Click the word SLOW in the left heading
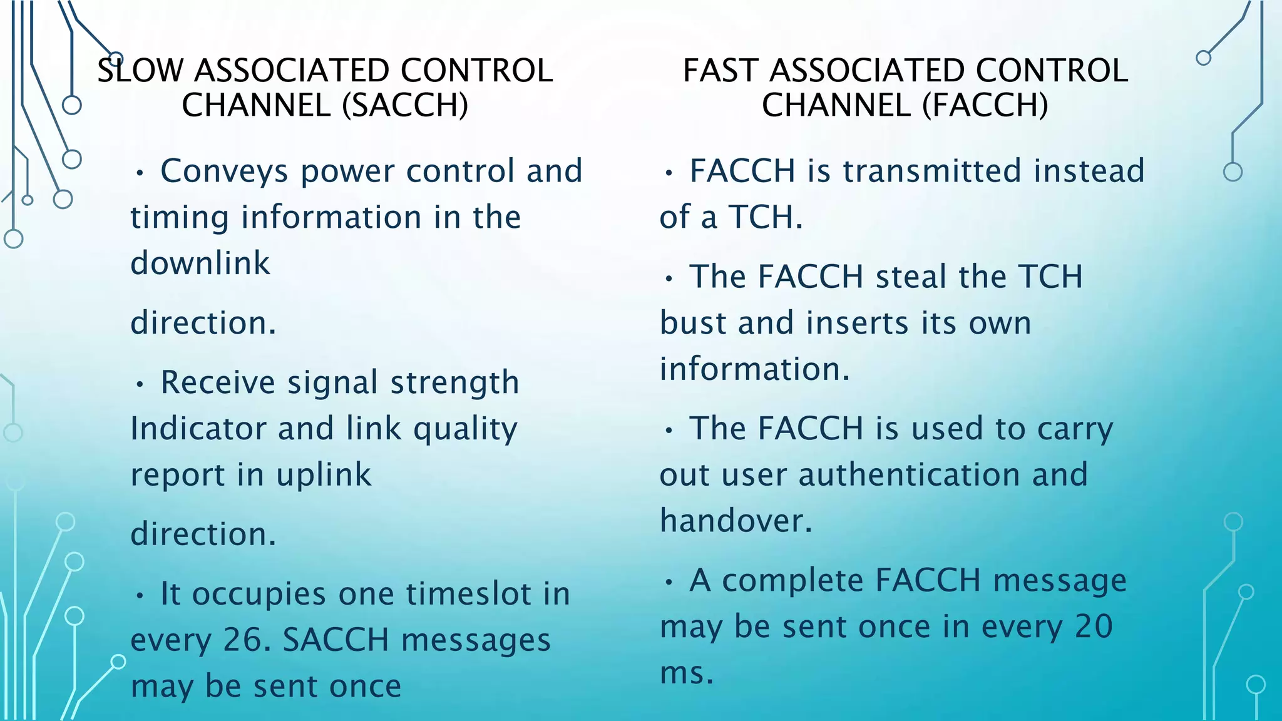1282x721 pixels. pyautogui.click(x=140, y=70)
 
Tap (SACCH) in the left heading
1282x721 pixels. pyautogui.click(x=405, y=105)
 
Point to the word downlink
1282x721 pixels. pyautogui.click(x=200, y=263)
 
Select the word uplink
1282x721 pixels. pyautogui.click(x=324, y=475)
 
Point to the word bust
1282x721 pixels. pyautogui.click(x=693, y=324)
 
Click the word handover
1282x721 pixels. pyautogui.click(x=736, y=521)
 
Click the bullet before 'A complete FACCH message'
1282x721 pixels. pyautogui.click(x=669, y=582)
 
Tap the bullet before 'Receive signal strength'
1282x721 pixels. pyautogui.click(x=140, y=384)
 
